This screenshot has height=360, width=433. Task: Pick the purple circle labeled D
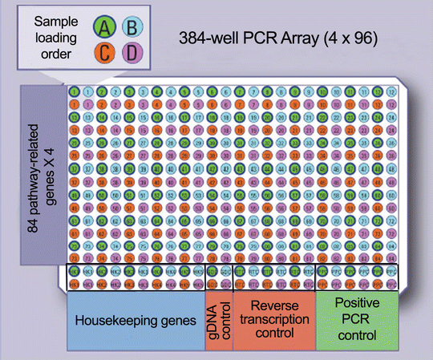[128, 55]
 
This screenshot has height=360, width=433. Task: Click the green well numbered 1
[74, 91]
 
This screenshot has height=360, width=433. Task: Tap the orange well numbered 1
[74, 103]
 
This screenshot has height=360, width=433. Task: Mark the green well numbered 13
[74, 116]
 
